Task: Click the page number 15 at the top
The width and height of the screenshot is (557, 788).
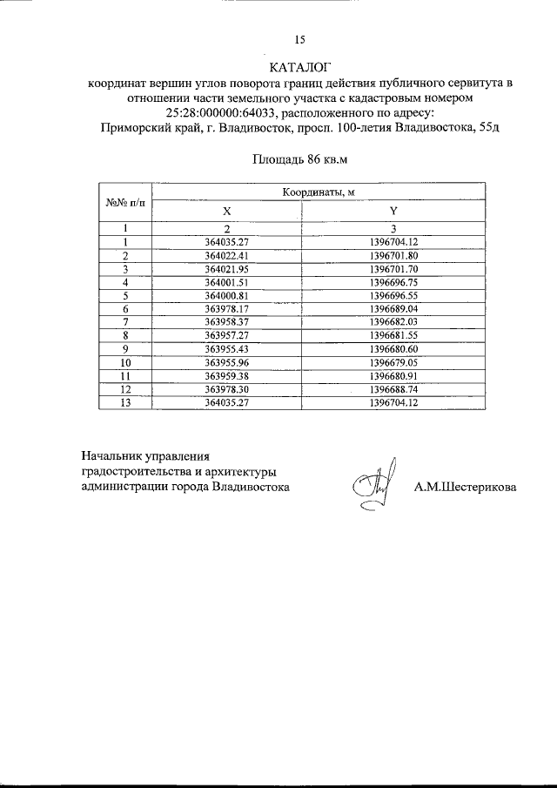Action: (300, 39)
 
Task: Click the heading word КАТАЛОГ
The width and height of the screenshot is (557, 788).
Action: (301, 67)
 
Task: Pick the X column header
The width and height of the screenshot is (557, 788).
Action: (226, 211)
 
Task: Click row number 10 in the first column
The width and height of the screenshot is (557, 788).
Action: (125, 361)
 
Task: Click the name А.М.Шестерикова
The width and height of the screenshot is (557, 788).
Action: (465, 487)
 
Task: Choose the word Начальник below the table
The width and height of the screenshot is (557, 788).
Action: (111, 455)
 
